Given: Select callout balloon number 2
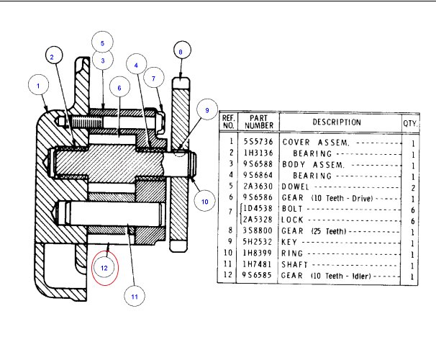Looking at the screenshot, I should point(53,55).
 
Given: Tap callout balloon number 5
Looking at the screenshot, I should point(102,43).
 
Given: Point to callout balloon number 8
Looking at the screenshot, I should point(181,52).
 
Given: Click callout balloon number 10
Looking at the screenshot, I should point(204,201).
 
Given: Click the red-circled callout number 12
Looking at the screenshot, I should point(104,268).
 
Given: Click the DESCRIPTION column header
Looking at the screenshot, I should point(337,122).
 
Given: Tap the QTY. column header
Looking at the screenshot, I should point(411,122).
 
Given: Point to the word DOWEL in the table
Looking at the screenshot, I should point(296,186).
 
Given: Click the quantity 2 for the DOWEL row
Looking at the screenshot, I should point(412,186).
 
